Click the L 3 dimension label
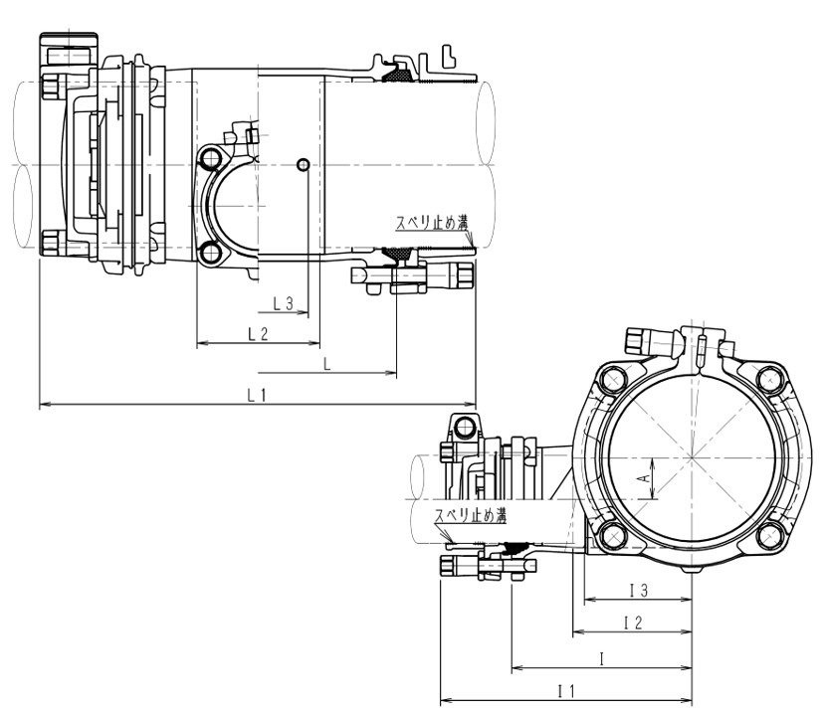(284, 303)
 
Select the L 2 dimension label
(258, 333)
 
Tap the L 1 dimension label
(257, 395)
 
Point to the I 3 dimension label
(639, 591)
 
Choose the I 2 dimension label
(633, 624)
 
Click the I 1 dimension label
(566, 691)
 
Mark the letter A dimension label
(644, 478)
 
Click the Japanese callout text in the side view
(432, 223)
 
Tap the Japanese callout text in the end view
(471, 515)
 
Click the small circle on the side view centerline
(304, 165)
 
